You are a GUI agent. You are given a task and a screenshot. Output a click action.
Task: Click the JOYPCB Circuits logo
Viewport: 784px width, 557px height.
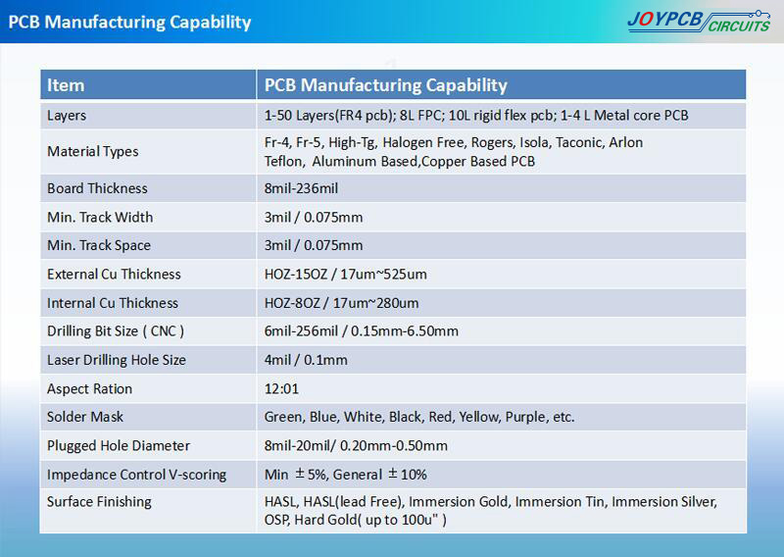699,22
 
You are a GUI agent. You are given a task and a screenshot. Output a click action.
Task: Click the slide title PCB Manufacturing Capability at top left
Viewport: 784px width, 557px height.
129,23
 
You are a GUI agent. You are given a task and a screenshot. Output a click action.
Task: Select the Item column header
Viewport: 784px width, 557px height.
66,85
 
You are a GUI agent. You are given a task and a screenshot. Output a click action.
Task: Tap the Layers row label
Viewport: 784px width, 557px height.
67,116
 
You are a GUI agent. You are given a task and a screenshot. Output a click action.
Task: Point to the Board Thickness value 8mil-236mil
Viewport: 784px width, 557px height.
301,188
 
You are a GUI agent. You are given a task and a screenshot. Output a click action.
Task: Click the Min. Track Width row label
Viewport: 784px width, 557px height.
100,217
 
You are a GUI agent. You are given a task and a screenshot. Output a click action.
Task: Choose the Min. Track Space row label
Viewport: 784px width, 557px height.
99,245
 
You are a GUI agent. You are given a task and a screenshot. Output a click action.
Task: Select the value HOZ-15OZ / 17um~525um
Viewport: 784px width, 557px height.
346,275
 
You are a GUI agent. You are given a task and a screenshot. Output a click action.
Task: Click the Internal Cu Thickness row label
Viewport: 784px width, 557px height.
113,303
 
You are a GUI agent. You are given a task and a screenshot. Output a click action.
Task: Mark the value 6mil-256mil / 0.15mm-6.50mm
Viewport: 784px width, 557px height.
361,330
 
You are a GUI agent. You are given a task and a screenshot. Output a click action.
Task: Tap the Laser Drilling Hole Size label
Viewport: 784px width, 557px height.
117,360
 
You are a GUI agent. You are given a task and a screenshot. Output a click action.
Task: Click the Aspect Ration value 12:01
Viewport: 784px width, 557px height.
281,389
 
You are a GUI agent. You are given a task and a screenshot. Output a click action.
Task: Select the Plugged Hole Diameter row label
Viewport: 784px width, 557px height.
119,446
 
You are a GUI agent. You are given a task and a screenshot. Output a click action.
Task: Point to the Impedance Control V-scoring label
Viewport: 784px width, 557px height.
136,475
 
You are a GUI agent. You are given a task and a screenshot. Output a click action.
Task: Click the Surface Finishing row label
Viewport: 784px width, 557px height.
99,502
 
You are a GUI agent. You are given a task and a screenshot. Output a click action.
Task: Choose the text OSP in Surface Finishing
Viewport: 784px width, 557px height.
276,520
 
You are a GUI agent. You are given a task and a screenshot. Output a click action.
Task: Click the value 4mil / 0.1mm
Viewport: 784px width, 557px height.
306,360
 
